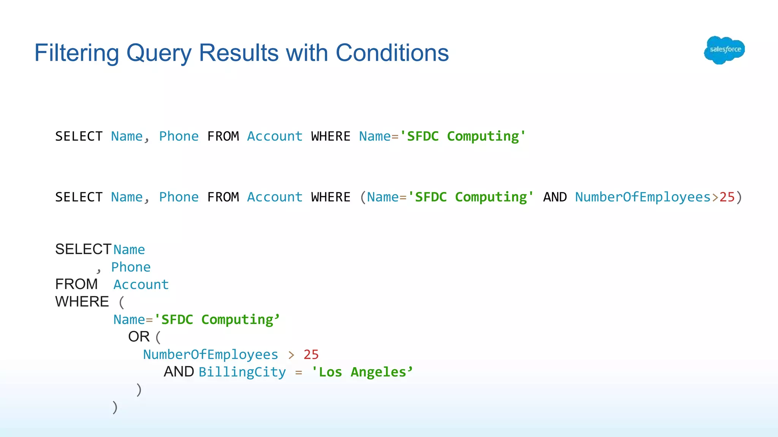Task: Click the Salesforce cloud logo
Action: tap(724, 50)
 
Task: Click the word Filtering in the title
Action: tap(76, 53)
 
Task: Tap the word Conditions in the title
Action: tap(392, 53)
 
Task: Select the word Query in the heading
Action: tap(159, 53)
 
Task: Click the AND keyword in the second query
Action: tap(555, 197)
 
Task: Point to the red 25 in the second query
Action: tap(727, 197)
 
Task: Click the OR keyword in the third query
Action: tap(139, 337)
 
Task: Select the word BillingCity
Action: tap(242, 372)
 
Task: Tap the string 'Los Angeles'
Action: tap(362, 372)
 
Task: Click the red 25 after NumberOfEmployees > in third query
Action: tap(311, 355)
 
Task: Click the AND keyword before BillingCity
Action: tap(179, 372)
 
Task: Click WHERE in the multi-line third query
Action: tap(82, 302)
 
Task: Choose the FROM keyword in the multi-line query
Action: tap(76, 284)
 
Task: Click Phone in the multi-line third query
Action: tap(131, 267)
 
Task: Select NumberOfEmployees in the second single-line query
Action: tap(642, 197)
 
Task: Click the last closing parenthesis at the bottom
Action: tap(115, 407)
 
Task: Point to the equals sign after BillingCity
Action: tap(299, 373)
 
